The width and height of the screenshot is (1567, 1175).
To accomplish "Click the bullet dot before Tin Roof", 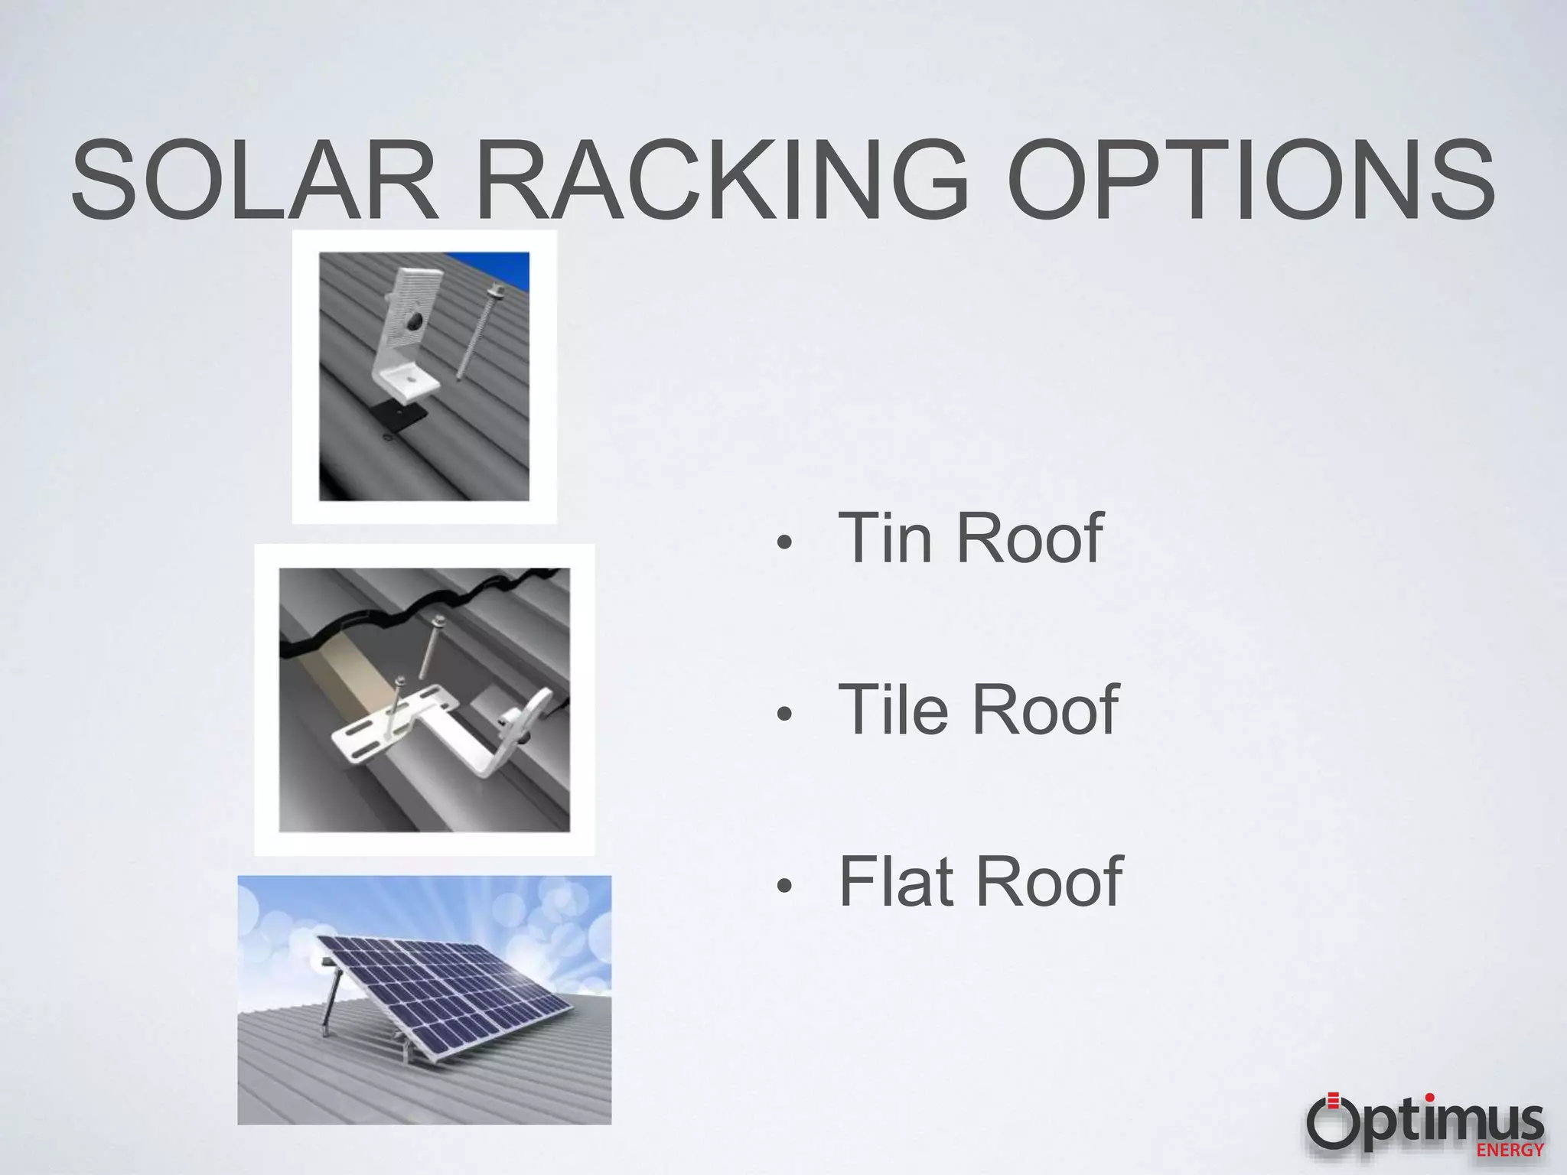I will click(x=783, y=543).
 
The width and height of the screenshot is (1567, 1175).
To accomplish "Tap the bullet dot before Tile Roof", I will click(x=783, y=715).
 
